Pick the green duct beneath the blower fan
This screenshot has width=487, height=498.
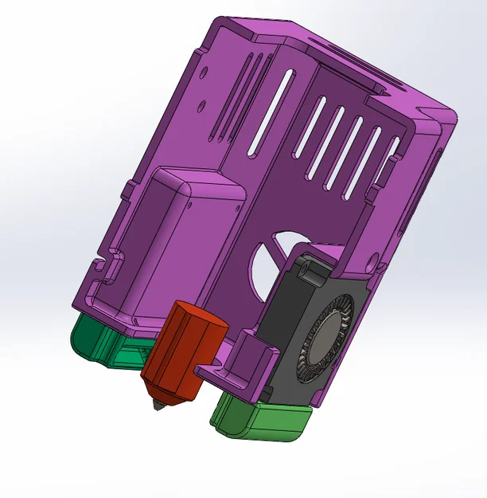click(263, 420)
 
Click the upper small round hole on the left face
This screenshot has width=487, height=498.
click(205, 72)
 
